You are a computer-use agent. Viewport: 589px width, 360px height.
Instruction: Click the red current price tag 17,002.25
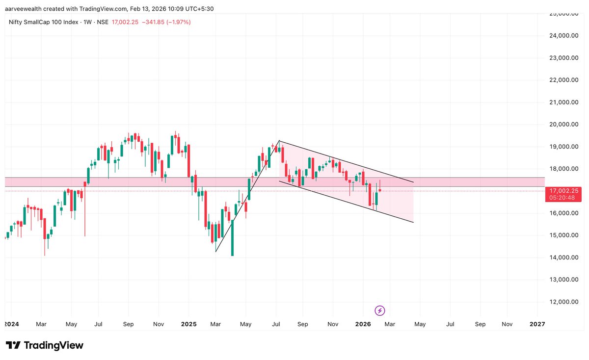[x=564, y=191]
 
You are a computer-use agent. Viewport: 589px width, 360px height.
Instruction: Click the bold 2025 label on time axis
[x=188, y=324]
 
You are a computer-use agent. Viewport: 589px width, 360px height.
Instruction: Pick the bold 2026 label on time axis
[x=363, y=324]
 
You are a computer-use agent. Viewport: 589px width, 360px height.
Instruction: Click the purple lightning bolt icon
[x=379, y=310]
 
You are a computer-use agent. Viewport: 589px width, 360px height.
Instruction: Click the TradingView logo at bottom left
[x=44, y=345]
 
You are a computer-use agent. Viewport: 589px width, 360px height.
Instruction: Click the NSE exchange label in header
[x=102, y=22]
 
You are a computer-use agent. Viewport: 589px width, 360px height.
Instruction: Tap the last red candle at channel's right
[x=380, y=190]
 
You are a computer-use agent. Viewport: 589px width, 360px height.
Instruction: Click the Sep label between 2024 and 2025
[x=128, y=324]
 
